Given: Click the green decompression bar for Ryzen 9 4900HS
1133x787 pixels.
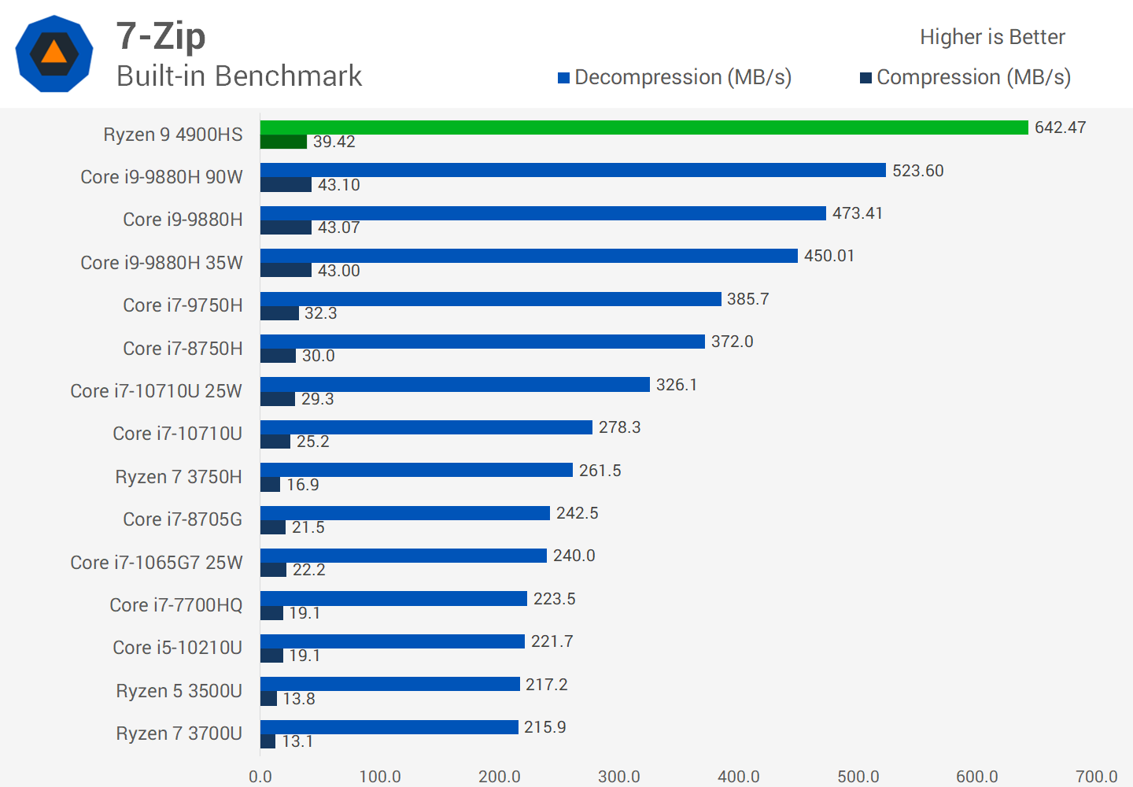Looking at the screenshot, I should pos(644,127).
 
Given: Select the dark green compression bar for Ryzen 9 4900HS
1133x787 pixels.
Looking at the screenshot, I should pos(283,142).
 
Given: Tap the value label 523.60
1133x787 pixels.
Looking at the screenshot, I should pos(917,171).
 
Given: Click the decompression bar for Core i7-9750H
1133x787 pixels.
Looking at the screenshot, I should pos(490,299).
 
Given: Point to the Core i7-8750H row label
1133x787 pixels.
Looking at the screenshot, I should pos(183,349).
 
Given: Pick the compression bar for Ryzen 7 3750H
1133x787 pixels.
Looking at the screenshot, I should pos(270,485).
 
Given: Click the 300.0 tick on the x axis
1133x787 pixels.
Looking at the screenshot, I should pos(618,777).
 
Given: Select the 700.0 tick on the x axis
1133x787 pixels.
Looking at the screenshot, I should pos(1096,777).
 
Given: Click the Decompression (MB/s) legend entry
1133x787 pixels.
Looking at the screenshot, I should pos(674,77).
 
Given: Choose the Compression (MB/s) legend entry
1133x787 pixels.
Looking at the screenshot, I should pos(965,77).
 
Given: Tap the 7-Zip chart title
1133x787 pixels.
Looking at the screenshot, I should pos(161,36).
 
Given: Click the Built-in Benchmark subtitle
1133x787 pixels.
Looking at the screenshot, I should pos(239,76).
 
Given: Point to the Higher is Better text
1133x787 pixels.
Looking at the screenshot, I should pos(992,37).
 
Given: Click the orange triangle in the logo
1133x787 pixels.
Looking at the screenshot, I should pos(54,52).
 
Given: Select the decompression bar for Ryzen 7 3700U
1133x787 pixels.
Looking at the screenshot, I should pos(389,727).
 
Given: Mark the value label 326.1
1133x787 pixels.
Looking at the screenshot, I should pos(677,385).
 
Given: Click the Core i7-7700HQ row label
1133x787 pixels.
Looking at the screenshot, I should pos(176,605).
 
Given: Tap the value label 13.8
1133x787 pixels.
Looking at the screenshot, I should pos(299,699).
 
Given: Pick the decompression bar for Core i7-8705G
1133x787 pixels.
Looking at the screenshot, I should pos(404,513).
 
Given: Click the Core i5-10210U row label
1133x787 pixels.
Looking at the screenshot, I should pos(177,648).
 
